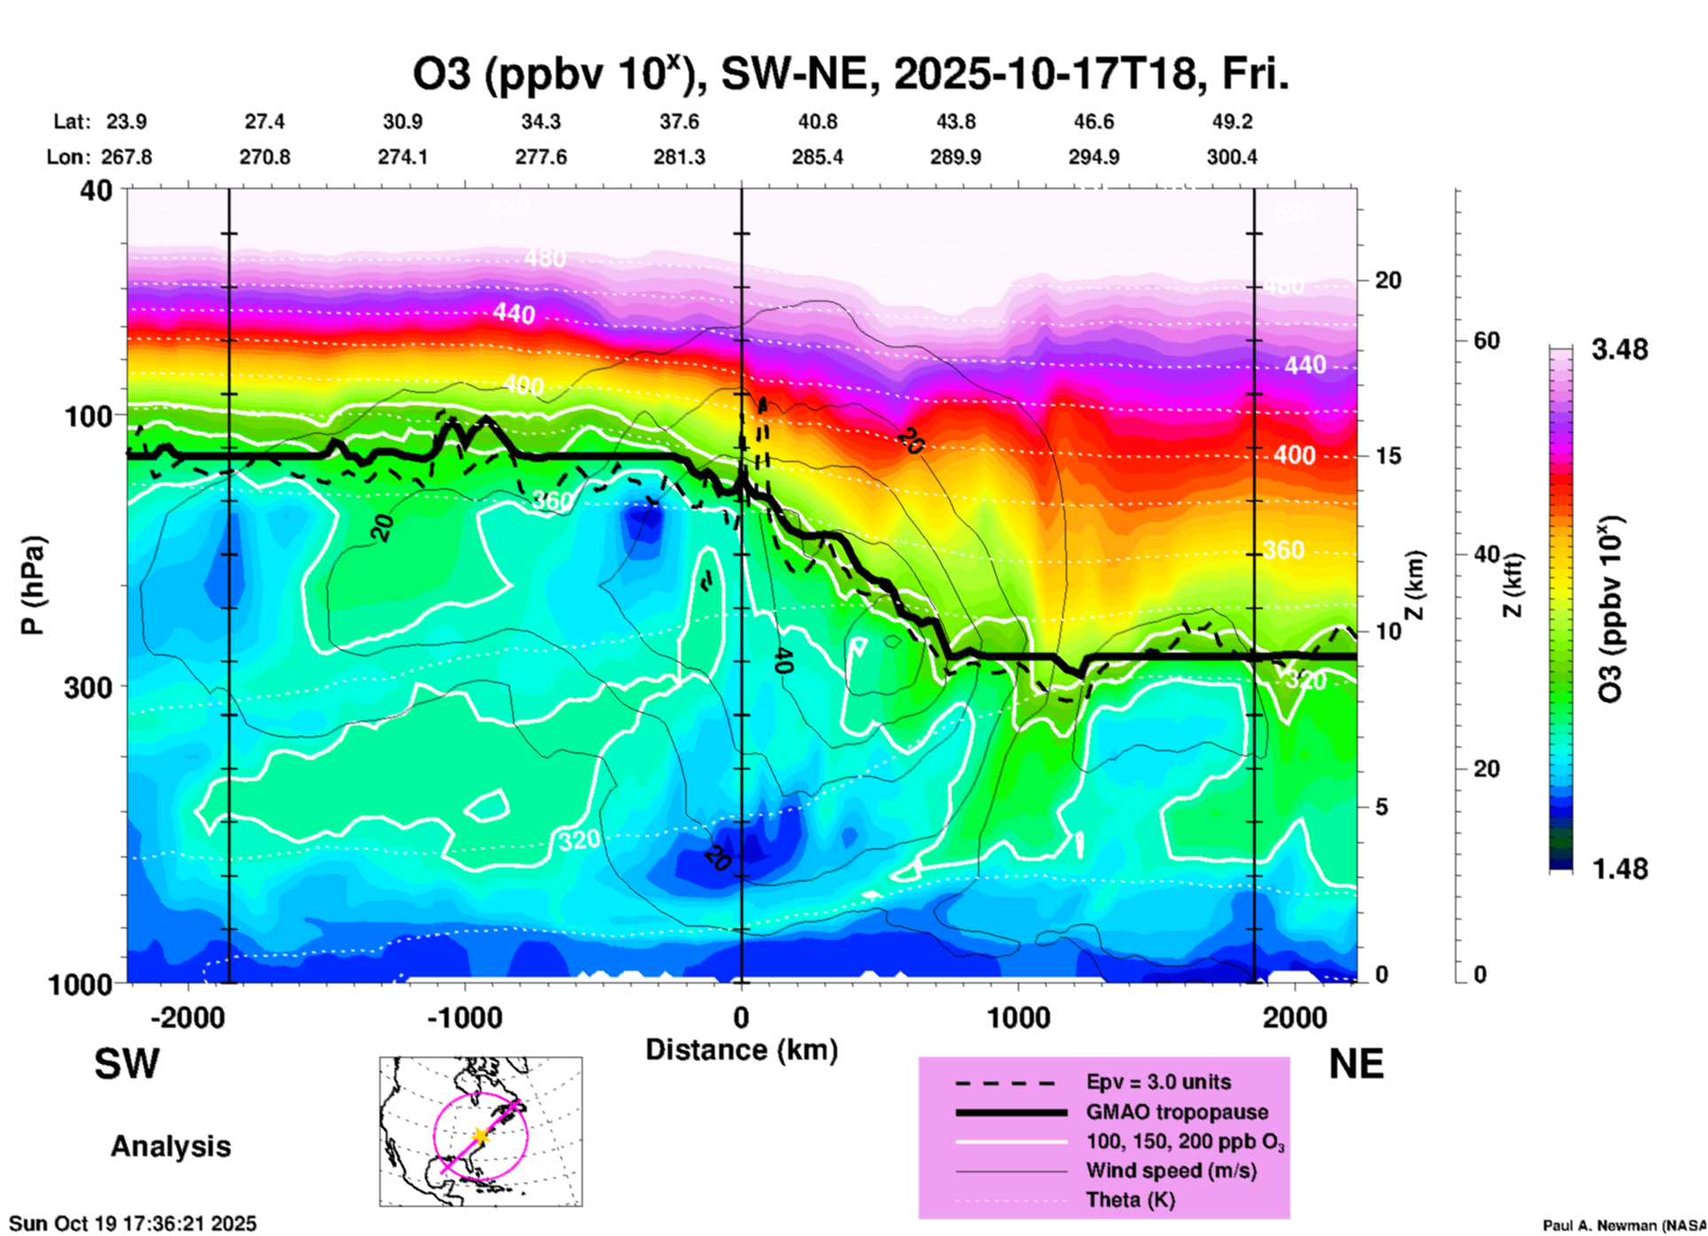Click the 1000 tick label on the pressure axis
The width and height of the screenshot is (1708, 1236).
[x=81, y=984]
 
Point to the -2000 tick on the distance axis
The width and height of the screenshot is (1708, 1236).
[x=187, y=1017]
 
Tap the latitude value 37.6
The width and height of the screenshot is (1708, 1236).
[x=679, y=121]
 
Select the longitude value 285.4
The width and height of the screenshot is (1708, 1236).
[x=818, y=157]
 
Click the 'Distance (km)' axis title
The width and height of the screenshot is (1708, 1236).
[x=741, y=1050]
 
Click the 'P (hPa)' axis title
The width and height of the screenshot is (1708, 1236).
[x=33, y=585]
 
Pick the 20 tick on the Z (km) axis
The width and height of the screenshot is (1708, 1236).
[x=1388, y=280]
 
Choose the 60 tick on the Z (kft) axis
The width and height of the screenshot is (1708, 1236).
[x=1486, y=340]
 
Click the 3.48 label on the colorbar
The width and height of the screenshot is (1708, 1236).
[x=1619, y=350]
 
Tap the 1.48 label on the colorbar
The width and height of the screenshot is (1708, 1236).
[x=1619, y=869]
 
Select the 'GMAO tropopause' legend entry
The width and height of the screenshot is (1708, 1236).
[x=1177, y=1112]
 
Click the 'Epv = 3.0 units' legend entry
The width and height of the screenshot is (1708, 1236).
[x=1158, y=1082]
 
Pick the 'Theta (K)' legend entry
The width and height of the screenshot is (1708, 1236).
[x=1130, y=1200]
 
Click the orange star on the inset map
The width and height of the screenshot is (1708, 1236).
[x=481, y=1136]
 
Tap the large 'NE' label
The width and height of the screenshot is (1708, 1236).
[x=1356, y=1064]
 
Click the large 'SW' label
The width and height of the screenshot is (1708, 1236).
[x=127, y=1064]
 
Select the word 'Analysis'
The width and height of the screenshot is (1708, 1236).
[x=170, y=1146]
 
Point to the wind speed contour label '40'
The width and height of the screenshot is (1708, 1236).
[x=782, y=661]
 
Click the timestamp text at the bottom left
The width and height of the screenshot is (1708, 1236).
[x=133, y=1224]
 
